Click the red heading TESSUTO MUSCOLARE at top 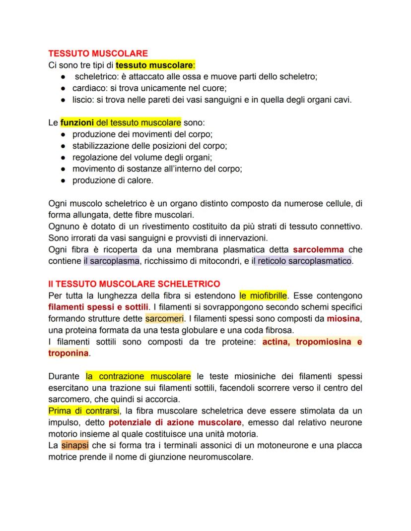(x=98, y=53)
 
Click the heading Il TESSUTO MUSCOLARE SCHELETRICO (x=134, y=284)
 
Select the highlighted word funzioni (x=78, y=122)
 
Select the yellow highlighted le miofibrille (x=263, y=296)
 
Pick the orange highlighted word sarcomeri (x=164, y=319)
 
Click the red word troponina (x=68, y=354)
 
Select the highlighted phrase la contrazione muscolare (x=138, y=376)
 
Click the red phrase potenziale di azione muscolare (x=175, y=422)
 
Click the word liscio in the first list (x=82, y=100)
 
